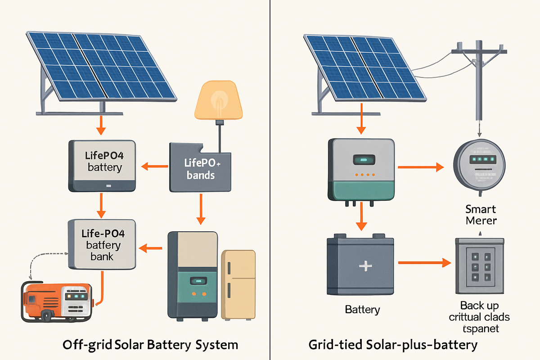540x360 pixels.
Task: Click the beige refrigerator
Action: point(238,284)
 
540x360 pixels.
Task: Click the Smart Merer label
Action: point(481,215)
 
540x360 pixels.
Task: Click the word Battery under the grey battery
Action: point(362,310)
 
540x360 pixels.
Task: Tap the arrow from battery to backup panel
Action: point(423,261)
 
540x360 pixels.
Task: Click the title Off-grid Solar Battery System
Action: point(150,345)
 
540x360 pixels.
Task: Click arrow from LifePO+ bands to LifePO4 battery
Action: point(153,167)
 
